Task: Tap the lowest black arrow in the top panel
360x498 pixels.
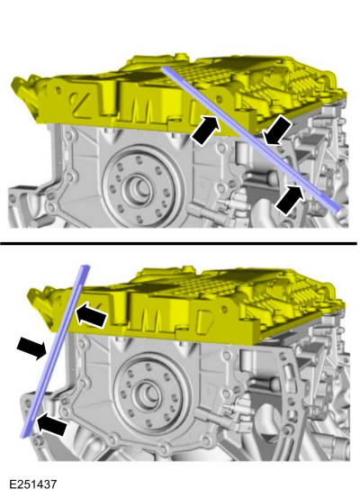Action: tap(290, 197)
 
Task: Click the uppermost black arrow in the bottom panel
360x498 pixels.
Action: tap(89, 313)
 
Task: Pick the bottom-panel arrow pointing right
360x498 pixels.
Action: tap(31, 347)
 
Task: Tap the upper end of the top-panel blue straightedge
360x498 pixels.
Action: tap(165, 67)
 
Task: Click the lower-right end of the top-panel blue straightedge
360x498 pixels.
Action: tap(337, 210)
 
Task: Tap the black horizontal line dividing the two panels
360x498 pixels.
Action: tap(180, 243)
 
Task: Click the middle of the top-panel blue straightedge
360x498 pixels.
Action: tap(251, 138)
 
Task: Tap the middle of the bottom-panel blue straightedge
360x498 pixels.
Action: tap(57, 351)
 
